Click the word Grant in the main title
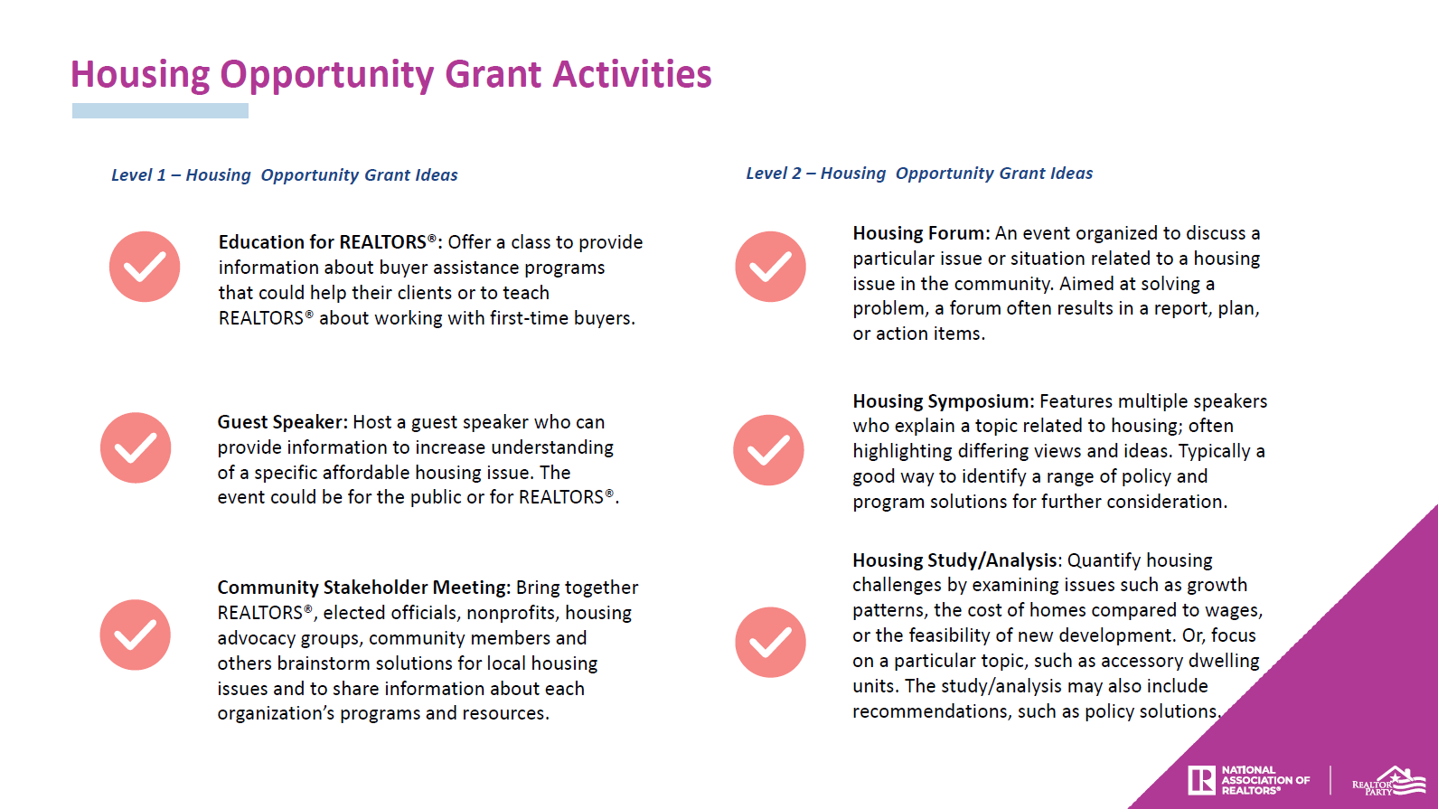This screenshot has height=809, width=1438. pos(493,74)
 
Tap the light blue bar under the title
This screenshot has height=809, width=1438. pos(160,111)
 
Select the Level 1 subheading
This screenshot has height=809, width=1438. pos(284,175)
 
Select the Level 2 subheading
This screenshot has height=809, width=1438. pos(918,174)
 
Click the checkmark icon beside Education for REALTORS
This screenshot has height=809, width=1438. pos(145,267)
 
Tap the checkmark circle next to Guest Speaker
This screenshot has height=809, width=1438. pos(136,448)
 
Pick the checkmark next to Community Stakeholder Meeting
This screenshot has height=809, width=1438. pos(136,635)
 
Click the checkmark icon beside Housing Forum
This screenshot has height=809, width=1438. pos(770,267)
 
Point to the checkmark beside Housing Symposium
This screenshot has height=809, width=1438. pos(768,450)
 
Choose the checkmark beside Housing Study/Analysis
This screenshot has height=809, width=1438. pos(770,642)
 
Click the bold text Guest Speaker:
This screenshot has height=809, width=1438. pos(282,422)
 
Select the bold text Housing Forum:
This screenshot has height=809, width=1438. pos(921,233)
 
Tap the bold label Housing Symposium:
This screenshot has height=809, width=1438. pos(943,401)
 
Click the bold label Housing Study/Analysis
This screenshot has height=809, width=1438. pos(954,560)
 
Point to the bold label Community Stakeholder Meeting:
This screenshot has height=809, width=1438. pos(363,588)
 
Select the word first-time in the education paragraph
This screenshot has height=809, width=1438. pos(531,318)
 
